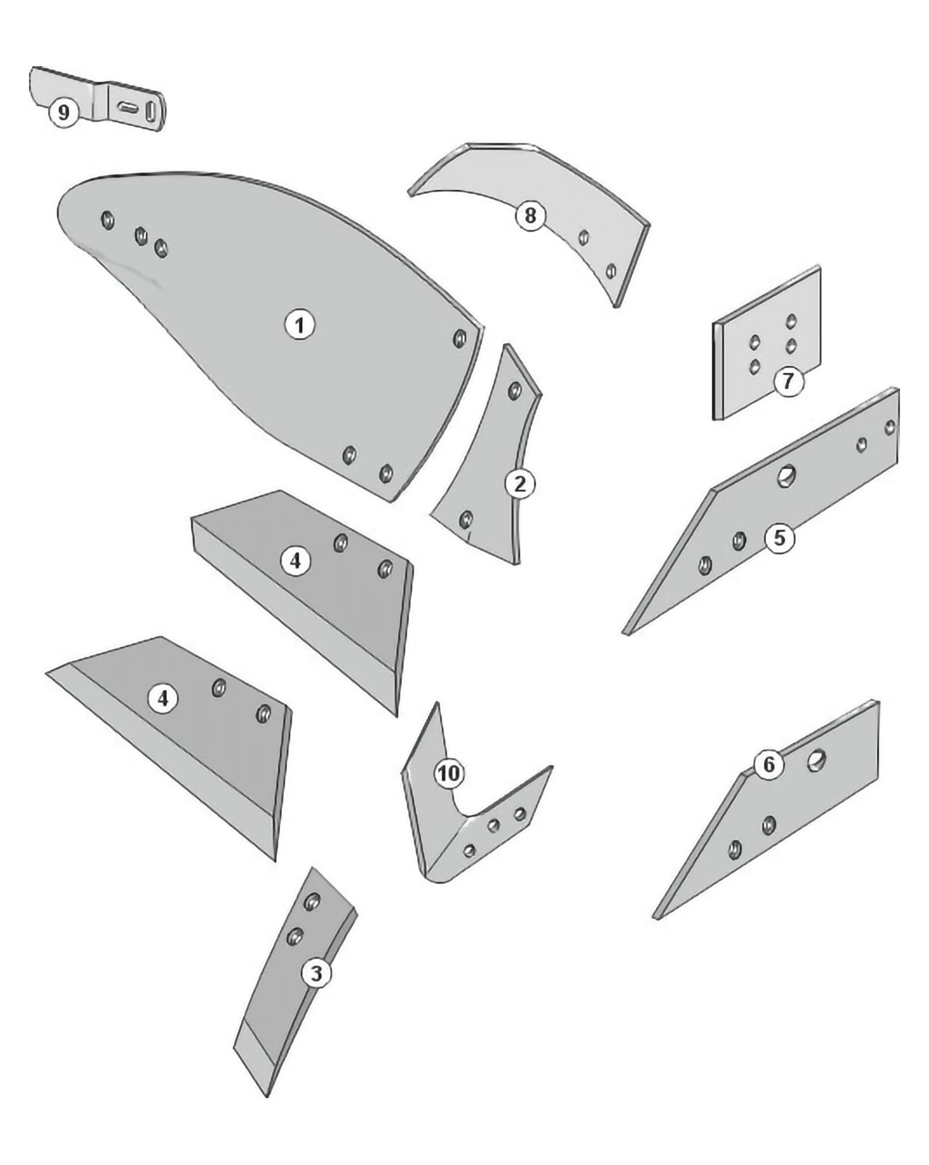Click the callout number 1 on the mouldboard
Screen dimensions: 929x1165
(x=300, y=325)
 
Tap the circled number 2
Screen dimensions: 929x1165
(x=520, y=483)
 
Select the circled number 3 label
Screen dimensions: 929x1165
(x=316, y=973)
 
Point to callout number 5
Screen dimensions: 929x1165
(x=779, y=538)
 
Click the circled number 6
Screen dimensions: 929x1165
(x=769, y=764)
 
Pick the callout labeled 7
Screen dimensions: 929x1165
(x=788, y=381)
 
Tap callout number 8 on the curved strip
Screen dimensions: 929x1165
(x=530, y=216)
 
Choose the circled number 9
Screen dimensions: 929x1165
(x=63, y=112)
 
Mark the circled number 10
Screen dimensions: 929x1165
(x=449, y=773)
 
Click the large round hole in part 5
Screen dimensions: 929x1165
(x=786, y=477)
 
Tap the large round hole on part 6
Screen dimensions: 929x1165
(x=816, y=760)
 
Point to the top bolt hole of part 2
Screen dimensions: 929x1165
(x=514, y=390)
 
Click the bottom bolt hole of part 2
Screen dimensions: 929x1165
(x=466, y=519)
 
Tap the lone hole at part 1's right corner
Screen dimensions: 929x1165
(x=459, y=338)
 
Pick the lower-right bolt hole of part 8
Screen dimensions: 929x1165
(x=611, y=271)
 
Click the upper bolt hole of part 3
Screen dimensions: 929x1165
(x=312, y=902)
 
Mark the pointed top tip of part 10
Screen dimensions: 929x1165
(x=437, y=704)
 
